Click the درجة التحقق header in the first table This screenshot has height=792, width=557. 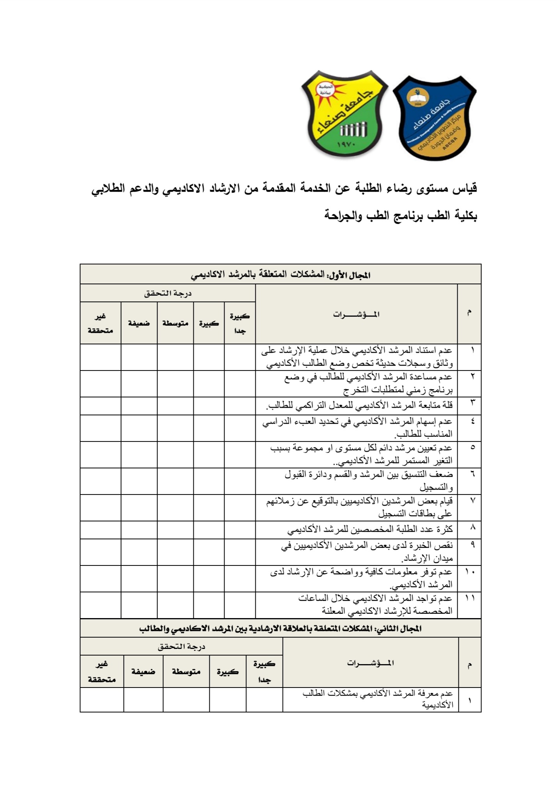(x=168, y=293)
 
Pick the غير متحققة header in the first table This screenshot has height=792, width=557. (x=100, y=323)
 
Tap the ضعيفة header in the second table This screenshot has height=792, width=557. (x=143, y=671)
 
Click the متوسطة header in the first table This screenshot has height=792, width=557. (x=175, y=323)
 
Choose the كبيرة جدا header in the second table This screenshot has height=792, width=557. (x=264, y=671)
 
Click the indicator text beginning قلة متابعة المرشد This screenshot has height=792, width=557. (x=359, y=406)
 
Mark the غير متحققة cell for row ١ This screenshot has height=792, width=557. (x=100, y=357)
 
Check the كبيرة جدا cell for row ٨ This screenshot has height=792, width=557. (x=240, y=530)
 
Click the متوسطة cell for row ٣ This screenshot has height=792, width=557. (x=175, y=406)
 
